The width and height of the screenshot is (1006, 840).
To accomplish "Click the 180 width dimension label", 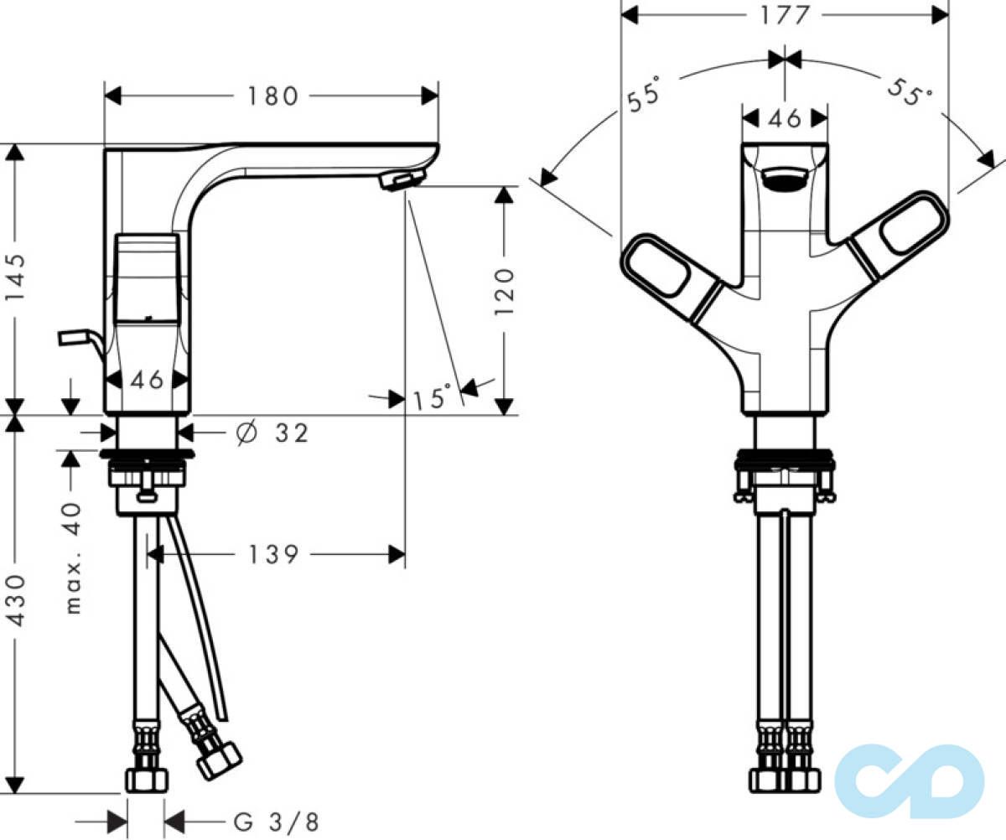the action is [x=272, y=96].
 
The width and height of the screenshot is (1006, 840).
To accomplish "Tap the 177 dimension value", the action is [x=785, y=15].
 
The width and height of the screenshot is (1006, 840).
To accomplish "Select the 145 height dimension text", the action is [x=14, y=277].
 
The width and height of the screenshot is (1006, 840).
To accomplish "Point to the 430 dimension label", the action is [x=14, y=600].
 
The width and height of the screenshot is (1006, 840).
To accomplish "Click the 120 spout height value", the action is [x=504, y=293].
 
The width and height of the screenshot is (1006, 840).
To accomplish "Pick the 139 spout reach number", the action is [x=272, y=555].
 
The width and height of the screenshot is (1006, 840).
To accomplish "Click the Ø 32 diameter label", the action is [x=272, y=433].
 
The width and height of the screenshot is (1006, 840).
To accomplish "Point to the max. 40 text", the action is [x=72, y=557].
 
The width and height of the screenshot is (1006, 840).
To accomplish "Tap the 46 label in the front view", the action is [x=785, y=118].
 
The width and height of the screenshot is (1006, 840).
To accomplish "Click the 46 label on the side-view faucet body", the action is [x=147, y=381].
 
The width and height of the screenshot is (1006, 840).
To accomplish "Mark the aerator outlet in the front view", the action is [x=785, y=180].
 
